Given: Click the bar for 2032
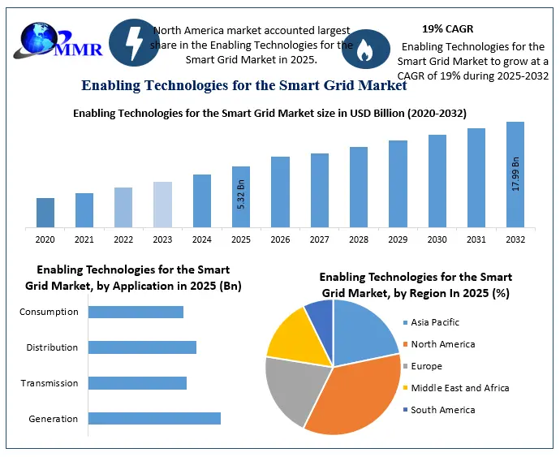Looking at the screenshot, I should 515,174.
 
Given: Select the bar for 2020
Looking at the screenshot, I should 45,212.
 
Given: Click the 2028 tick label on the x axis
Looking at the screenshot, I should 359,239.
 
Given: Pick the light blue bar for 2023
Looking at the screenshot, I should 162,204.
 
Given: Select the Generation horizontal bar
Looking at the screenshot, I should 154,419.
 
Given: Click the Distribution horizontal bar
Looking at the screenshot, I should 142,347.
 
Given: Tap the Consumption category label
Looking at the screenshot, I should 49,312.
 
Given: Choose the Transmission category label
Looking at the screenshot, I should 49,383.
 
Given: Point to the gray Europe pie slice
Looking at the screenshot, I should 294,388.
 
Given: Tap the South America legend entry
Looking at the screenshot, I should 442,410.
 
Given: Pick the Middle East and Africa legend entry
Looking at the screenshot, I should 459,388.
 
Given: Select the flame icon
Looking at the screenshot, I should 365,49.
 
